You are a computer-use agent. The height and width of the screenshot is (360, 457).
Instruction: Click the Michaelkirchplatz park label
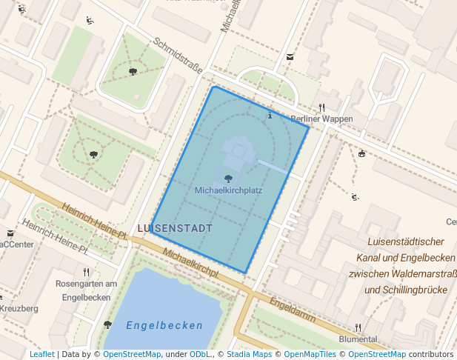click(228, 190)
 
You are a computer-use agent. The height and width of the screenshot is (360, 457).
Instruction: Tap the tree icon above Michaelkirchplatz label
click(227, 178)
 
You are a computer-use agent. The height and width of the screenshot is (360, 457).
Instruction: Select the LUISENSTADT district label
click(175, 228)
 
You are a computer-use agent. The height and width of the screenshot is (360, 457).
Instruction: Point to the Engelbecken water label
click(164, 325)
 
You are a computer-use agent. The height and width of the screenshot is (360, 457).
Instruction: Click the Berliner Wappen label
click(321, 119)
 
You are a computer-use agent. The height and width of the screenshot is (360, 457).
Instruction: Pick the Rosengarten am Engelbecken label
click(87, 290)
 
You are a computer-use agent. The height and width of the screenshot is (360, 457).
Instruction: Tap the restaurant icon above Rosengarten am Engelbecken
click(86, 272)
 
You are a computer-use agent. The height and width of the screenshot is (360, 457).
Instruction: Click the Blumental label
click(358, 339)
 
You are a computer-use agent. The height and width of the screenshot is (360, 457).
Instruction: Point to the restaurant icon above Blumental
click(358, 327)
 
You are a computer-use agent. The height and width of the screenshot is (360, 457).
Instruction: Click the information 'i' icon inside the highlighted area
click(270, 116)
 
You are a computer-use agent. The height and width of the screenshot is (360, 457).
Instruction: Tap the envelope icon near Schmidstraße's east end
click(290, 57)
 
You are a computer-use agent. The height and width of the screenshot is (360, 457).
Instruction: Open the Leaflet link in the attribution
click(42, 355)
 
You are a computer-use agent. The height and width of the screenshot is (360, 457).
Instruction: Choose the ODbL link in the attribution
click(200, 355)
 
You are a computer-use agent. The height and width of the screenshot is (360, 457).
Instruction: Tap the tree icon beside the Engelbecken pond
click(107, 324)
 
